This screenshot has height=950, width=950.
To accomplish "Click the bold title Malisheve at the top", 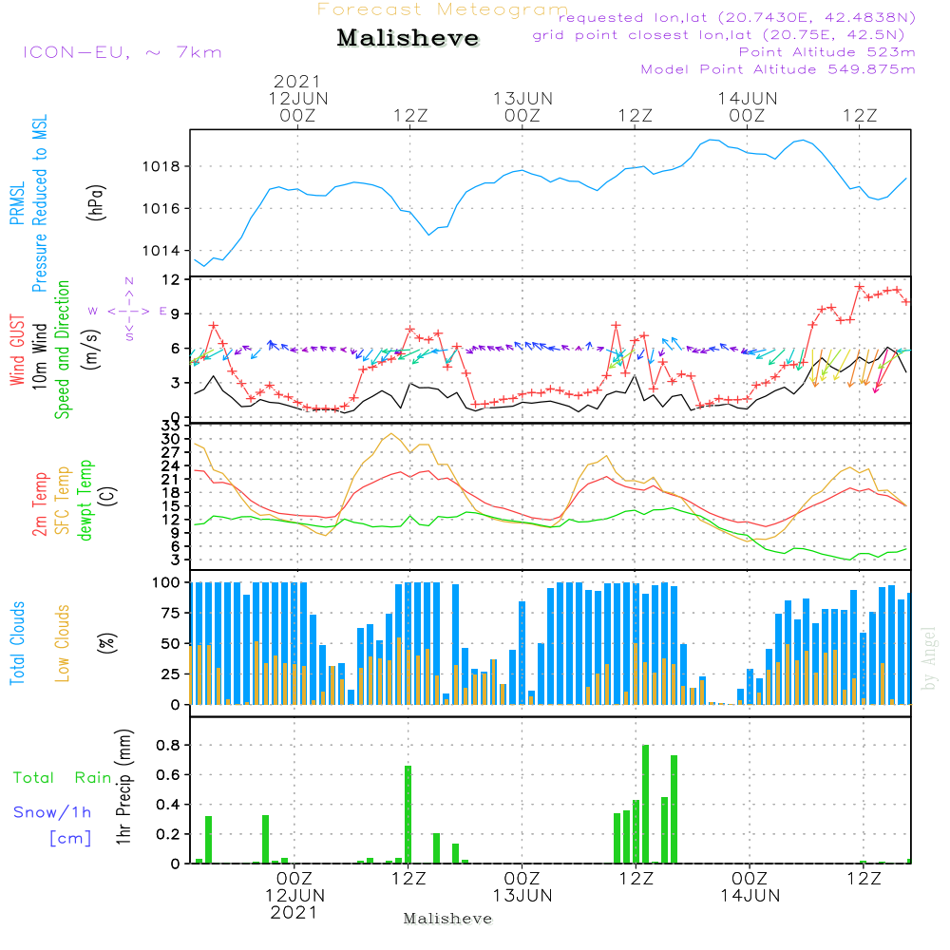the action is pos(408,38).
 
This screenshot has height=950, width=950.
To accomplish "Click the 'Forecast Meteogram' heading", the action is pos(443,9).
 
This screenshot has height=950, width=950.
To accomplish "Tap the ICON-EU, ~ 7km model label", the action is pos(123,52).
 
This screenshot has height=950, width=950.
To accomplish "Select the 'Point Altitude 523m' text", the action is pos(826,52).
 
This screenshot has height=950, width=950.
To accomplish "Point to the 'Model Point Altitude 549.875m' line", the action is pos(778,69).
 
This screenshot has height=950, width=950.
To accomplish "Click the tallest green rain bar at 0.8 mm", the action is pos(645,804).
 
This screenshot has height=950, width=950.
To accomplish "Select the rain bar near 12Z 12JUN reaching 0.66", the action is pos(408,814).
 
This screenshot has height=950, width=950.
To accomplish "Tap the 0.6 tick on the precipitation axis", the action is pos(168,775).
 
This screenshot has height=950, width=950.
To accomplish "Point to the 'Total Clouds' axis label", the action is pos(17,643).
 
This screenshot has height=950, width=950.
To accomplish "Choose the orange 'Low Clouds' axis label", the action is pos(63,643).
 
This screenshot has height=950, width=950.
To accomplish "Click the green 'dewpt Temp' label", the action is pos(85,501).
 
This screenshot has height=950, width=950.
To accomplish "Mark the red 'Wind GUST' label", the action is pos(17,351).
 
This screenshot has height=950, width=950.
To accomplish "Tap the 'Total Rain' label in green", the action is pos(63,778).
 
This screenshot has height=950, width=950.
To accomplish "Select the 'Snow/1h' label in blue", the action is pos(52,812).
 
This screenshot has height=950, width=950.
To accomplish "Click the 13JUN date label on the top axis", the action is pos(522,99).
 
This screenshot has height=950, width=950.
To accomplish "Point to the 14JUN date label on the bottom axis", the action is pos(750,896).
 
